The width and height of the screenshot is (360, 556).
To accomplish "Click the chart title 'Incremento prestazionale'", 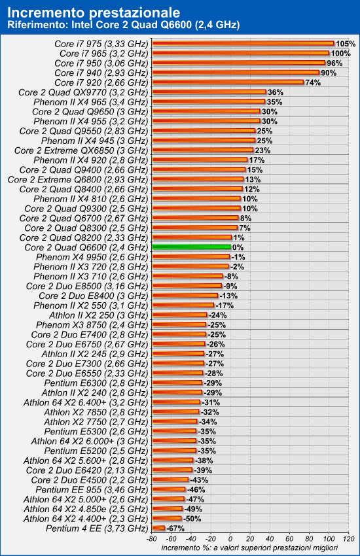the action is tap(94, 13).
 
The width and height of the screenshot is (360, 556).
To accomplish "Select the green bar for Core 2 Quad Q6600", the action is tap(192, 247).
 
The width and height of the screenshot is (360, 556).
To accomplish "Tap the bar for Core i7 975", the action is tap(243, 44).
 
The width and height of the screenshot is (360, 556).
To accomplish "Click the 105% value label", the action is tap(346, 44).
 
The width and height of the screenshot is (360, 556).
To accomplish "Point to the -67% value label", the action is tap(175, 529).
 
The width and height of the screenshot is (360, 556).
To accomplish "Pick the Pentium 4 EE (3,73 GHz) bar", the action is tap(158, 529).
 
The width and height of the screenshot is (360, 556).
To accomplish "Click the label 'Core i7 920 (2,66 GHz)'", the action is tap(101, 82).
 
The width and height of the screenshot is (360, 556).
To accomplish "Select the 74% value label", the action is tap(313, 82).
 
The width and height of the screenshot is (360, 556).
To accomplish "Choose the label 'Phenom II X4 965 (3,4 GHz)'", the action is tap(91, 102).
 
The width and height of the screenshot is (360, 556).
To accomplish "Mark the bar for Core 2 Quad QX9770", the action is tap(209, 92).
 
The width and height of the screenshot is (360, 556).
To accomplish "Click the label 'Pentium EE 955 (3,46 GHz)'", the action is tap(92, 490).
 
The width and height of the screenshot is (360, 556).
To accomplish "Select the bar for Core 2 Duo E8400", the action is tap(185, 296).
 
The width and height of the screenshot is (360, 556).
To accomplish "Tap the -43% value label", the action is tap(199, 480).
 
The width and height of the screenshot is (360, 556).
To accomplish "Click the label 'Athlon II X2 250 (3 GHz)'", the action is tap(99, 315).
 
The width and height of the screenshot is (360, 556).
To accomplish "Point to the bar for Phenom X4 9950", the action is tap(191, 256).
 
